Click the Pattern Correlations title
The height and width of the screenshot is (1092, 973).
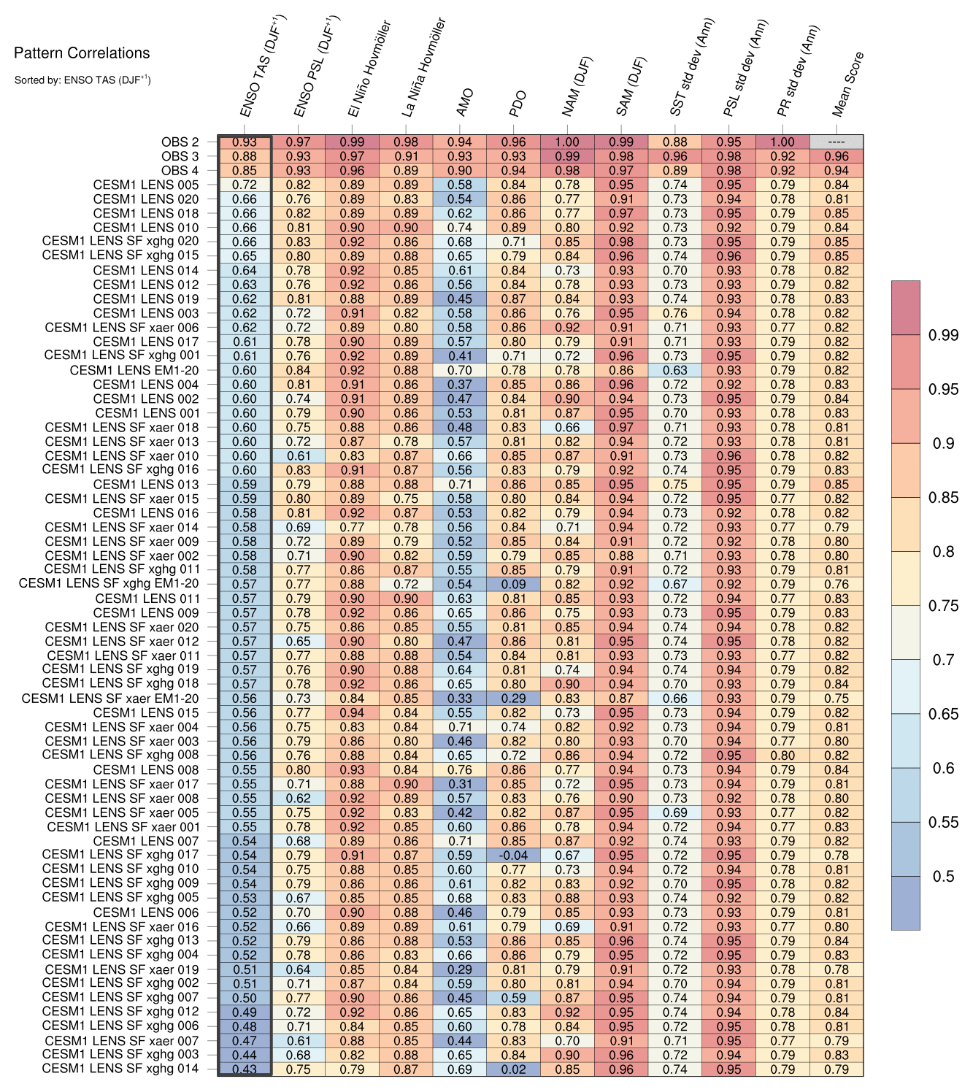[x=82, y=53]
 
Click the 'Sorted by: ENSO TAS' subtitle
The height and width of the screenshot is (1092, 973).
[x=82, y=80]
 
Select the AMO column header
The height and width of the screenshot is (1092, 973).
[x=465, y=103]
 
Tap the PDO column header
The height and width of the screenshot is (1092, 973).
[x=518, y=104]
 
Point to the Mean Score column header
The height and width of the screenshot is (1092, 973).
[x=848, y=84]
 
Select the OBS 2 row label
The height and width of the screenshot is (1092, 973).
[x=180, y=142]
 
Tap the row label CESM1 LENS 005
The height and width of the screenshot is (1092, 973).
[x=146, y=185]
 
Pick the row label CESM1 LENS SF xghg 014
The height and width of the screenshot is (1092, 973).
[x=120, y=1069]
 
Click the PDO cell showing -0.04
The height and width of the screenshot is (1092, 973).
[x=513, y=855]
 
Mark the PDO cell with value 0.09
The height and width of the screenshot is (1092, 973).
[x=513, y=584]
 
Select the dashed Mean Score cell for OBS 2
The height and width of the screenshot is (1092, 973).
[x=837, y=142]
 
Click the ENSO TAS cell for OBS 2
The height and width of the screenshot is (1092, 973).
[x=245, y=142]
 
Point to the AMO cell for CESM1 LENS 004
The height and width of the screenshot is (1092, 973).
[x=460, y=385]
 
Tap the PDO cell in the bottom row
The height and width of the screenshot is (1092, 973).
[x=513, y=1069]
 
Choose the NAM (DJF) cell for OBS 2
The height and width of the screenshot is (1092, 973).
[x=567, y=142]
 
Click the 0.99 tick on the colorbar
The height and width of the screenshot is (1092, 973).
[x=943, y=335]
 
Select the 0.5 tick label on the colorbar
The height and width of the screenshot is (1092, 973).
[x=943, y=876]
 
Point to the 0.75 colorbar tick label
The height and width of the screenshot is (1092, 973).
[x=943, y=606]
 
